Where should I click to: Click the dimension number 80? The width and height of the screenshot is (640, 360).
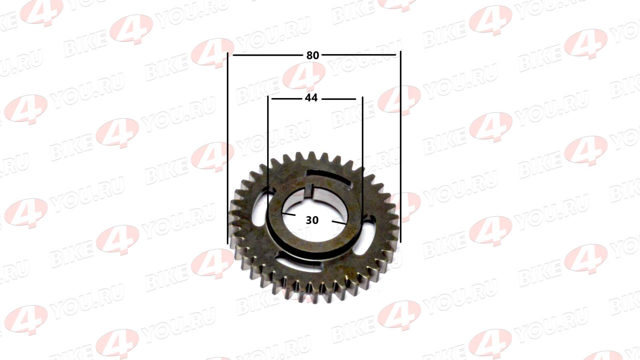pyautogui.click(x=312, y=55)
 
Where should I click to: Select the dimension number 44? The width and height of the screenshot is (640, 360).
pyautogui.click(x=311, y=98)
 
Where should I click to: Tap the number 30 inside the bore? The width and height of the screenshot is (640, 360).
pyautogui.click(x=312, y=220)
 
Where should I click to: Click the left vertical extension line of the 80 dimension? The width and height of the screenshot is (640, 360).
pyautogui.click(x=228, y=148)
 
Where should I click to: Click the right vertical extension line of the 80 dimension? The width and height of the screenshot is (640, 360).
pyautogui.click(x=401, y=147)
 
